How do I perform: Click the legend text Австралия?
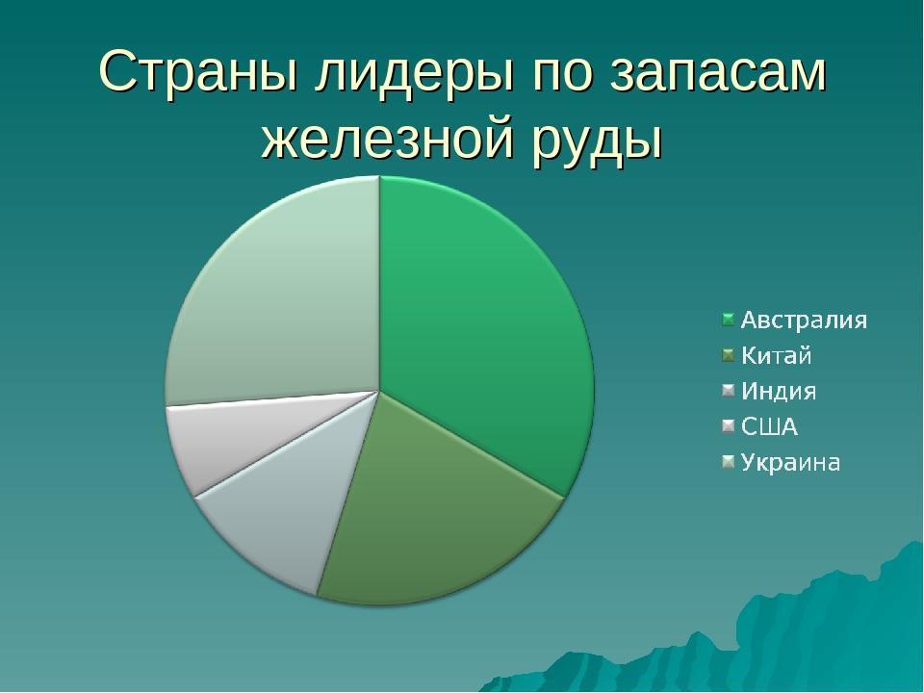[x=805, y=320]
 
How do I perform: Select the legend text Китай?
[x=776, y=355]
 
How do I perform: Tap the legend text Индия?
[x=779, y=391]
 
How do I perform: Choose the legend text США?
[x=769, y=426]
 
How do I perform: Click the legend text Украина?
[x=790, y=463]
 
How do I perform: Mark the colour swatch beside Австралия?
[x=729, y=320]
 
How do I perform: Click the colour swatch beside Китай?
[x=729, y=355]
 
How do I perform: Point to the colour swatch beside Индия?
[x=729, y=391]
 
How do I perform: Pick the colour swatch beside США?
[x=729, y=426]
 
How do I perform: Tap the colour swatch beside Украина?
[x=729, y=463]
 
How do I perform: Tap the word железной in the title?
[x=387, y=141]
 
